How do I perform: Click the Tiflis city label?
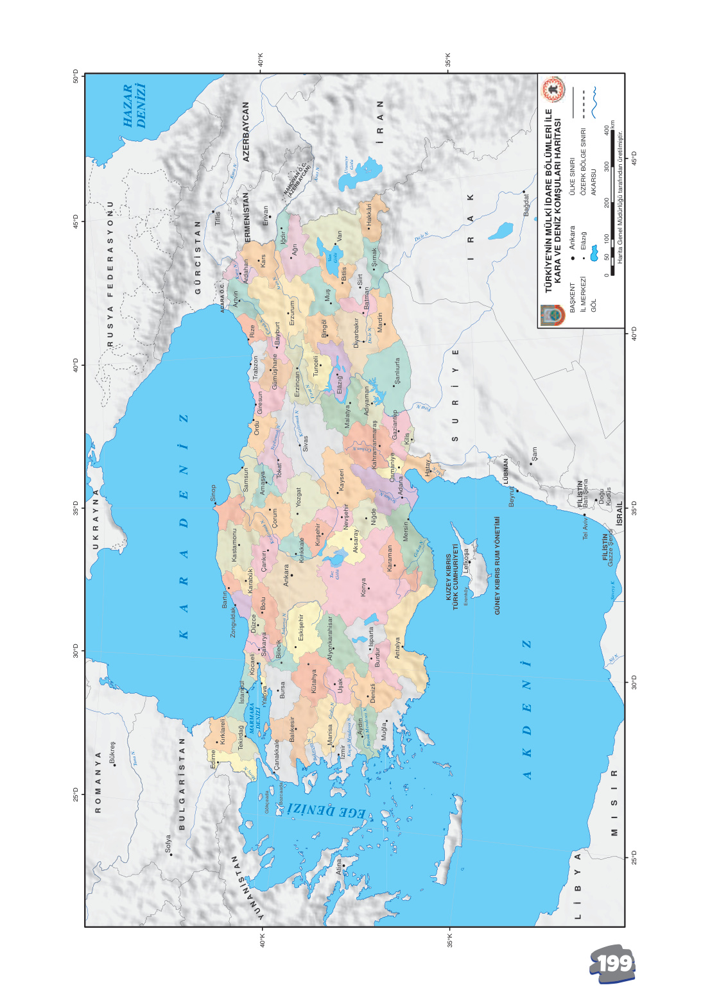point(218,218)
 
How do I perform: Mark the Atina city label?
point(340,867)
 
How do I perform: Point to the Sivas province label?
point(306,443)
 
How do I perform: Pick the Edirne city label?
point(214,759)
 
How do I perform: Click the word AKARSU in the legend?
point(593,182)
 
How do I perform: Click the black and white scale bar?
point(612,203)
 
